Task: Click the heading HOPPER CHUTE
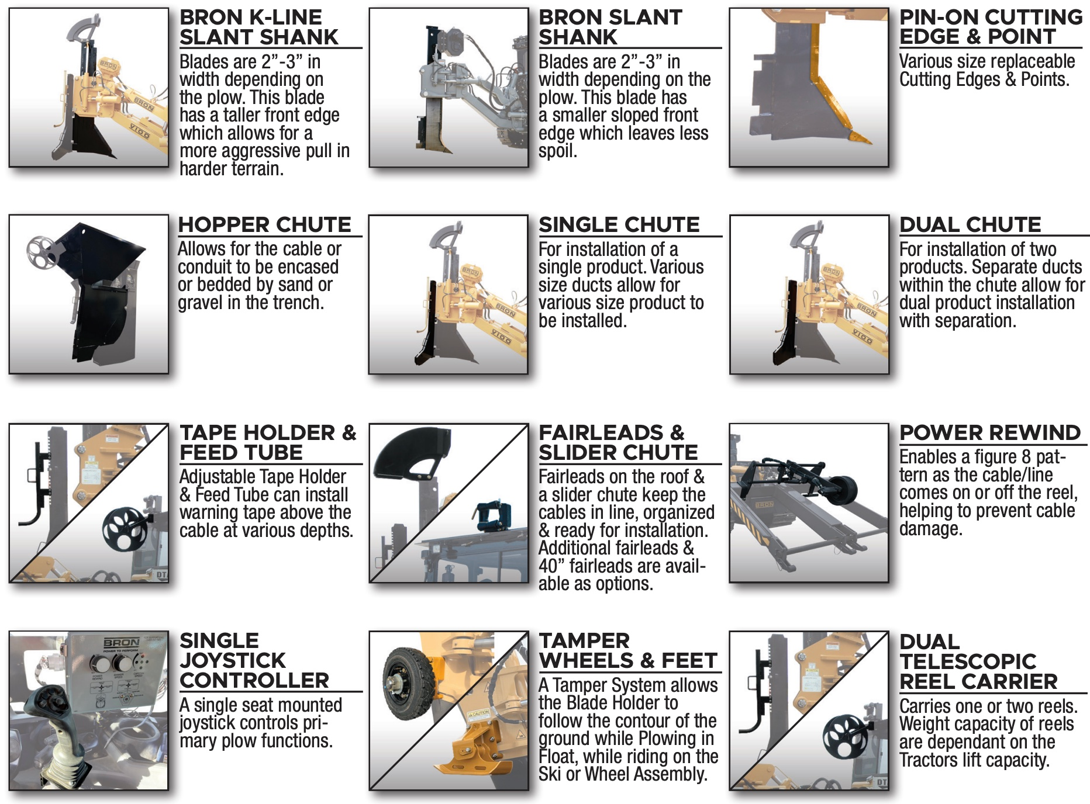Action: [264, 224]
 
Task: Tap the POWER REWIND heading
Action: [990, 432]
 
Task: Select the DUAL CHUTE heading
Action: [970, 224]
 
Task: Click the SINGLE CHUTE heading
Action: [619, 224]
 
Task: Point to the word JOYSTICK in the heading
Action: [232, 660]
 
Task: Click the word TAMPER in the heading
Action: [584, 640]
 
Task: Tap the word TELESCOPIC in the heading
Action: [968, 661]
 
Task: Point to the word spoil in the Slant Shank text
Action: [557, 151]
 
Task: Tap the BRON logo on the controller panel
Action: [122, 643]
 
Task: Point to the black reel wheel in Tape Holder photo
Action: [124, 530]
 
